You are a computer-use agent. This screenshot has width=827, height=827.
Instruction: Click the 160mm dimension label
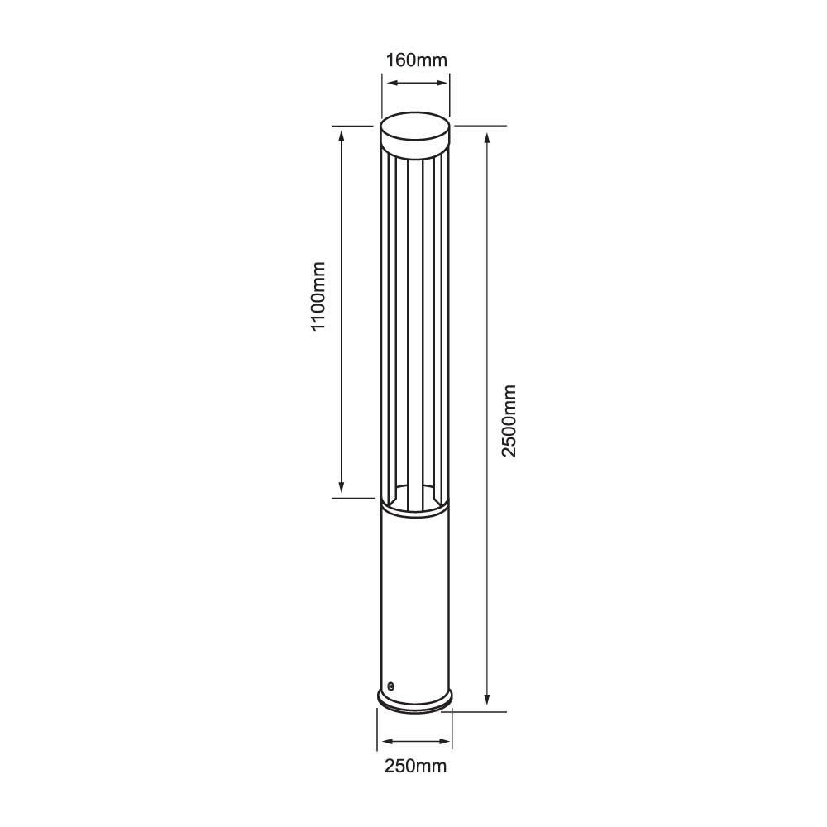click(416, 60)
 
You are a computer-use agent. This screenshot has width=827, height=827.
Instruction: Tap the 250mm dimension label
click(415, 766)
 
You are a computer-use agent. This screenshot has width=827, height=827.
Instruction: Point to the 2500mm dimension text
click(509, 420)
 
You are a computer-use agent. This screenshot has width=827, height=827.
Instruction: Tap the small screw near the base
click(390, 686)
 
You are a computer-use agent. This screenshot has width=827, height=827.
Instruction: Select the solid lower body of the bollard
click(415, 595)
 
